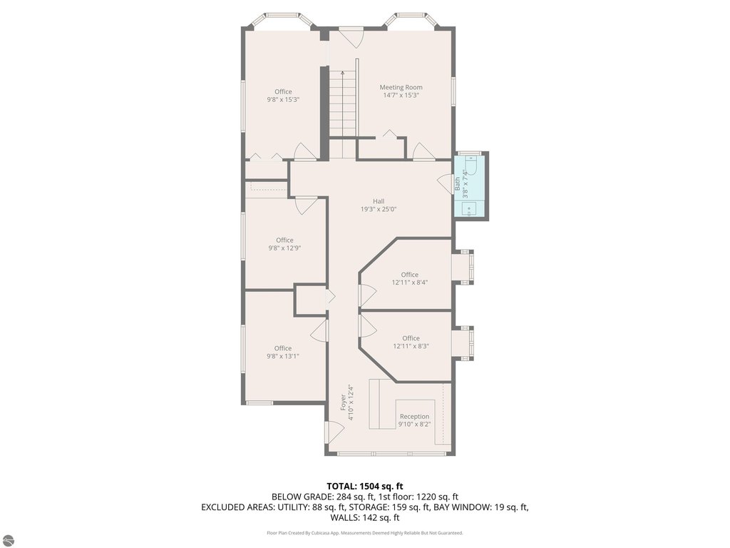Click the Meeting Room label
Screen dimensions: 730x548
coord(401,87)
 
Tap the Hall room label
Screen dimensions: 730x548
coord(379,201)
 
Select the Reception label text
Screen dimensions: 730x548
coord(414,417)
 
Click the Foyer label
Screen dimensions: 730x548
coord(343,402)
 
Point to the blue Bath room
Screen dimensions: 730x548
coord(469,186)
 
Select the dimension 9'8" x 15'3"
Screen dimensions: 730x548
coord(283,99)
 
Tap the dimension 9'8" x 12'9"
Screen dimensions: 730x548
coord(284,248)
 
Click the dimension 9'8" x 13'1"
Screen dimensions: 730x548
coord(282,357)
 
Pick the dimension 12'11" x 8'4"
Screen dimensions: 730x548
coord(410,283)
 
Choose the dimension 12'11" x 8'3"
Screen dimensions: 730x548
coord(411,346)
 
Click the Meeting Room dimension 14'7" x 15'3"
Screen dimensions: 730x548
coord(401,96)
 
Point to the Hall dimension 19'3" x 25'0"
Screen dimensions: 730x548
coord(379,209)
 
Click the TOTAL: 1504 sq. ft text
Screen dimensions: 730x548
coord(364,487)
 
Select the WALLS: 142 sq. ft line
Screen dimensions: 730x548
coord(364,517)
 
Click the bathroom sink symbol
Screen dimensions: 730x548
coord(469,209)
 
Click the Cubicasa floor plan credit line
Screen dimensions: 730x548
coord(364,532)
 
